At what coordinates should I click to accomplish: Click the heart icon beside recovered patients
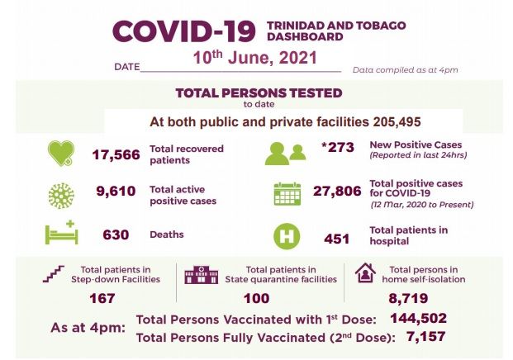coord(60,154)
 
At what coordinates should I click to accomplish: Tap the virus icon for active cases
coord(60,196)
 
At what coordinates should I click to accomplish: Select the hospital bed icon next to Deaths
coord(60,234)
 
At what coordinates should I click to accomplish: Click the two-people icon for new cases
coord(285,154)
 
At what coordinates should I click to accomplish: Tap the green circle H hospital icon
coord(286,235)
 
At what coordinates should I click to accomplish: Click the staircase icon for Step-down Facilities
coord(55,274)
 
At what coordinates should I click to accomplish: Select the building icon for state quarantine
coord(201,274)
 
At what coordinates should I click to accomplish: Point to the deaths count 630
coord(116,234)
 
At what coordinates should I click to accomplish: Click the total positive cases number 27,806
coord(336,191)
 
